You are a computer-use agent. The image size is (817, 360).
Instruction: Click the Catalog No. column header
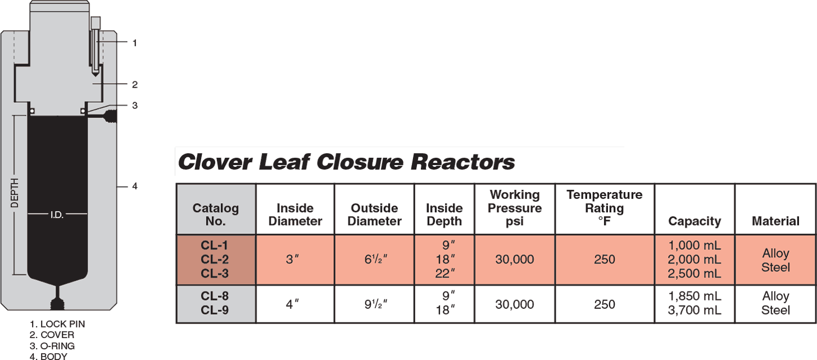(216, 215)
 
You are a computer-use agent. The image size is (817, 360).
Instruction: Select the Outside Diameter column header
(374, 215)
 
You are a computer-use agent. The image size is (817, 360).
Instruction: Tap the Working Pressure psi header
(515, 208)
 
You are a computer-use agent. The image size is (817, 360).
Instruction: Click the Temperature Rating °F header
(605, 208)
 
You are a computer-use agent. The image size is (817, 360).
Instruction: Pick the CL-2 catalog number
(216, 259)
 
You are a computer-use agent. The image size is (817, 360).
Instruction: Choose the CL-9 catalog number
(216, 311)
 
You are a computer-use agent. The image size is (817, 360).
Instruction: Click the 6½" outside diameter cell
(374, 259)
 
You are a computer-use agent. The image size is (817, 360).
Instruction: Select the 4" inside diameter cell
(295, 304)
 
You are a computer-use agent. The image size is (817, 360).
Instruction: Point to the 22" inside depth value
(444, 274)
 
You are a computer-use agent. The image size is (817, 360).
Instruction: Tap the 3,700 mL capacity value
(695, 311)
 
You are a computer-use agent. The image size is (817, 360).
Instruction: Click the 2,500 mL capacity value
(695, 274)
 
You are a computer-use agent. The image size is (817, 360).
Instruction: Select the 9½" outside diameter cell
(374, 304)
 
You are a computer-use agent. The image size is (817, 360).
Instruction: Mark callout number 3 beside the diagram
(134, 105)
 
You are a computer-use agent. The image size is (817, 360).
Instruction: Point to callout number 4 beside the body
(134, 186)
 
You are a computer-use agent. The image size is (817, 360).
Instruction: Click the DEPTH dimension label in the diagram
(15, 194)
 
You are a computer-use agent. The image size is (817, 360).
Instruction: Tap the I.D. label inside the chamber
(57, 215)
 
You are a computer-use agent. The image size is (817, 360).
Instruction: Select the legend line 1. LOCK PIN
(58, 325)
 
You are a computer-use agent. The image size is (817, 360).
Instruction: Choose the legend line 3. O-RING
(52, 346)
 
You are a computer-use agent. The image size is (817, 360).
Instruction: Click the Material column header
(775, 221)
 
